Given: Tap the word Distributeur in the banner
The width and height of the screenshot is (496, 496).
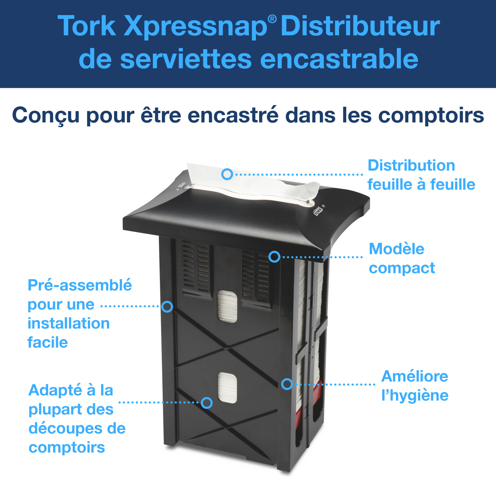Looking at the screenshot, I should click(x=360, y=26).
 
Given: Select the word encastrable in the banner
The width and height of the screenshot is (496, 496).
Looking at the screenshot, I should click(x=339, y=59).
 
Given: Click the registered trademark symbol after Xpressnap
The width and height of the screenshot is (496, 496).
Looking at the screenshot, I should click(x=272, y=19).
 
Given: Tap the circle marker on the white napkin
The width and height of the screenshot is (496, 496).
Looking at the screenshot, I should click(x=227, y=174).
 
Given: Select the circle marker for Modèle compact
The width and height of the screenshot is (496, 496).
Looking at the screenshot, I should click(x=274, y=257).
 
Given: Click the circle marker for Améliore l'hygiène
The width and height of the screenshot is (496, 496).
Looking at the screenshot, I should click(x=287, y=384).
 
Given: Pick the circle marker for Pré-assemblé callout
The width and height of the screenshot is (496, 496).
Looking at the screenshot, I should click(x=167, y=307).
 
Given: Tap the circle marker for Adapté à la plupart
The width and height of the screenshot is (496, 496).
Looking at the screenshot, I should click(x=207, y=403).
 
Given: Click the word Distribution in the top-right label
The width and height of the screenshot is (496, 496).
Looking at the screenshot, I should click(x=411, y=165).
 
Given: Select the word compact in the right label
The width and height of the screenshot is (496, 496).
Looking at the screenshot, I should click(x=402, y=268).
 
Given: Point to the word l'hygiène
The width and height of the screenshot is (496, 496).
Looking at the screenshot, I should click(x=415, y=396).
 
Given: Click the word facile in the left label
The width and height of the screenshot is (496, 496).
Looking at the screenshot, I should click(x=48, y=342).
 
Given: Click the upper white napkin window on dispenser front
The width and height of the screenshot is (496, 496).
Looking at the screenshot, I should click(x=227, y=307).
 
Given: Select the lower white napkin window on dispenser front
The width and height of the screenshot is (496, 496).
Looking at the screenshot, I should click(x=227, y=388).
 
